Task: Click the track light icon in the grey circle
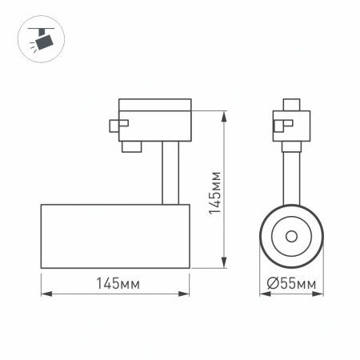[38, 38]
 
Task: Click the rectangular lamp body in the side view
[115, 236]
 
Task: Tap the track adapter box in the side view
[154, 119]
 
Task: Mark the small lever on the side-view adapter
[117, 124]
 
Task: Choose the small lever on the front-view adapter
[281, 124]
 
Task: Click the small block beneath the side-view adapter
[131, 146]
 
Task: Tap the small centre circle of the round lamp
[290, 236]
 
